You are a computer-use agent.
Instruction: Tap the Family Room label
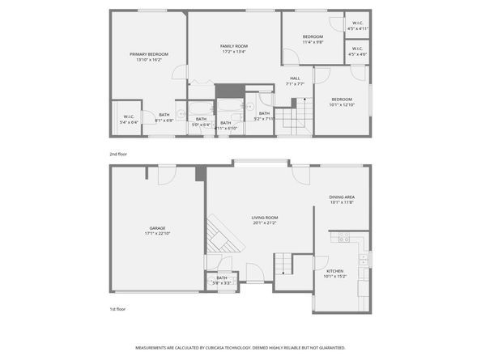click(233, 46)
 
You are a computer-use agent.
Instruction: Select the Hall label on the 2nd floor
click(295, 78)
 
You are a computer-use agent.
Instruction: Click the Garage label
click(157, 229)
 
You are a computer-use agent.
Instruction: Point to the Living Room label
click(265, 218)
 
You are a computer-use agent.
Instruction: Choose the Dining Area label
click(342, 197)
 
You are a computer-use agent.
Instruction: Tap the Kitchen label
click(334, 271)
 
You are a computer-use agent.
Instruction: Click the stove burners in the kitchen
click(343, 239)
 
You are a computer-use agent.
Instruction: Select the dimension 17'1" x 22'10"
click(157, 235)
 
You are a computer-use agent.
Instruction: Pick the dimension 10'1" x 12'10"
click(342, 104)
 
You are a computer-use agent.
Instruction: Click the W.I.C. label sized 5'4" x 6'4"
click(130, 116)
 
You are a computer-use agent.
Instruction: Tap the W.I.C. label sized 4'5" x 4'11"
click(357, 23)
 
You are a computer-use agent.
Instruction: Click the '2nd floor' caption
click(118, 153)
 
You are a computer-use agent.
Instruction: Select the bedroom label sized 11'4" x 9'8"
click(313, 36)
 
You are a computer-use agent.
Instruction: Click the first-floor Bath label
click(221, 277)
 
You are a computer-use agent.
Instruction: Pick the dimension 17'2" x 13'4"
click(233, 52)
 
